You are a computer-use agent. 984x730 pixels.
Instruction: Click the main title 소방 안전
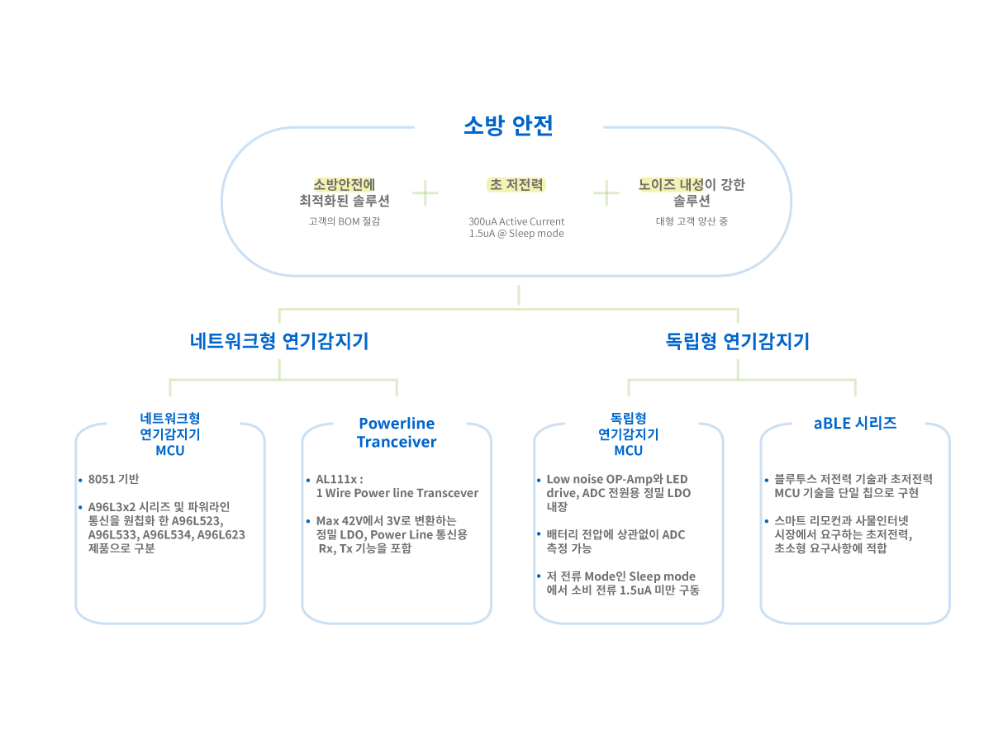[507, 126]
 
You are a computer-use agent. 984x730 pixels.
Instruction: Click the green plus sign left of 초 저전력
[425, 193]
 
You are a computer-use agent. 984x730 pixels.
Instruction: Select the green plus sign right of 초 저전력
[606, 193]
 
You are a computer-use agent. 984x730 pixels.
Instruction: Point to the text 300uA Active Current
[516, 221]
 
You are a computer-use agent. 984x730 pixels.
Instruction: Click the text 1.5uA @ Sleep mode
[516, 234]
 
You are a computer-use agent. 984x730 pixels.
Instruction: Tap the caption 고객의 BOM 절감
[344, 221]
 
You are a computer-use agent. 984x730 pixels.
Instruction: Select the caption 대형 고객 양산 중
[692, 221]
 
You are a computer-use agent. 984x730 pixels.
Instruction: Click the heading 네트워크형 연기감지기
[279, 341]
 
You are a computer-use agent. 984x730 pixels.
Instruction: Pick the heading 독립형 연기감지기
[738, 341]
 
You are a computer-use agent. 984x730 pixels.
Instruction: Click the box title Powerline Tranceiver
[397, 433]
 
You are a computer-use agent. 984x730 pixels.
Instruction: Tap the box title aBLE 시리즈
[855, 424]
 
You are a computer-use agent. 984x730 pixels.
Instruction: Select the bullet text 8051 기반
[114, 480]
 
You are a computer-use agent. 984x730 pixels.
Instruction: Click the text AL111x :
[339, 480]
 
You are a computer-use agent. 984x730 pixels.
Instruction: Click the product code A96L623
[221, 534]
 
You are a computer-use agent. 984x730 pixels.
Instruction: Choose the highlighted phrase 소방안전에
[344, 184]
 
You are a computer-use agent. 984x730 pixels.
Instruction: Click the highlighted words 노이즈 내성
[671, 184]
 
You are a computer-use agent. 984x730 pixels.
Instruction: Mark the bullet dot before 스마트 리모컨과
[767, 521]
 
